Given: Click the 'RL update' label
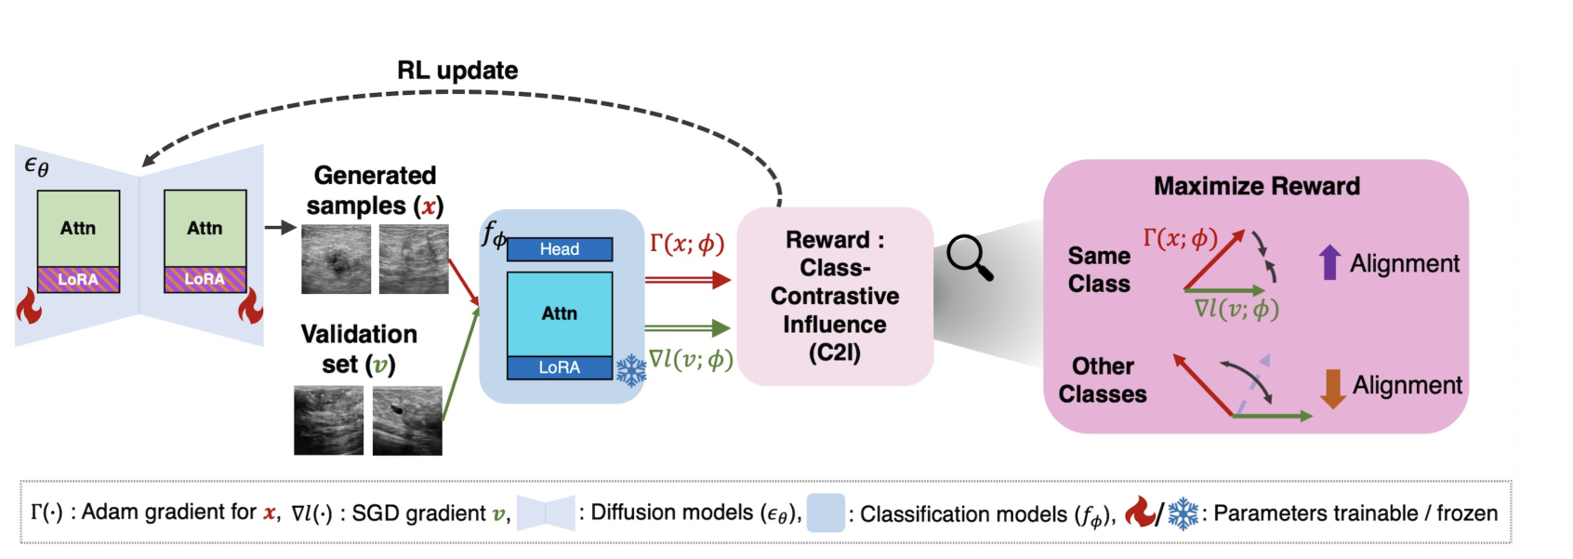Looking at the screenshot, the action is pyautogui.click(x=457, y=71).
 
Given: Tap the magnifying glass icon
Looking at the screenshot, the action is pyautogui.click(x=969, y=258).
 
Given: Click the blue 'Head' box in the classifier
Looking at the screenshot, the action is pyautogui.click(x=560, y=249).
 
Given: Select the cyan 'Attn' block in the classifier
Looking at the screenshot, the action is pyautogui.click(x=560, y=313).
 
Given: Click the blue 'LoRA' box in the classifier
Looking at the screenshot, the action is pyautogui.click(x=560, y=368).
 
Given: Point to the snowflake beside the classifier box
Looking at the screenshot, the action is pyautogui.click(x=631, y=371).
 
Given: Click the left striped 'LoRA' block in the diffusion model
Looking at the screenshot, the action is pyautogui.click(x=78, y=279).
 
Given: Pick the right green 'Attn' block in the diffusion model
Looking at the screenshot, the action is pyautogui.click(x=205, y=228).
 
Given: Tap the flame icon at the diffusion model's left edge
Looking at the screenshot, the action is pyautogui.click(x=29, y=305).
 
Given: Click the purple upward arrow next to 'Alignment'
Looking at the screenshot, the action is pyautogui.click(x=1329, y=262).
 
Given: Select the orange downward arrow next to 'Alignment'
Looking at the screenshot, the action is pyautogui.click(x=1332, y=389).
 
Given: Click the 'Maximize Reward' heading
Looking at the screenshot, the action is pyautogui.click(x=1257, y=186).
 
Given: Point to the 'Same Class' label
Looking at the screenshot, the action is pyautogui.click(x=1099, y=270).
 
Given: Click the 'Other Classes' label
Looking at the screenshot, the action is pyautogui.click(x=1103, y=379).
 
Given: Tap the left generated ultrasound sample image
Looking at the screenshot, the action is pyautogui.click(x=336, y=260).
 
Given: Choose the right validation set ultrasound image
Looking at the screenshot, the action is pyautogui.click(x=407, y=420).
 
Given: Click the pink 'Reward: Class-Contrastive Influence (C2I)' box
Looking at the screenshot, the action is pyautogui.click(x=835, y=297).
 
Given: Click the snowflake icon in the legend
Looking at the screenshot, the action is pyautogui.click(x=1183, y=514).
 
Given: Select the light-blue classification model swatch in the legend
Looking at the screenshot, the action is pyautogui.click(x=826, y=513).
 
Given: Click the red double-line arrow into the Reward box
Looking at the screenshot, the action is pyautogui.click(x=688, y=280).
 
